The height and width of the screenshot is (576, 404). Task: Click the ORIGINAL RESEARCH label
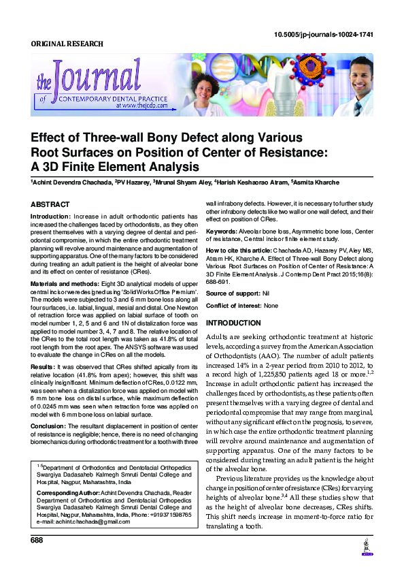click(67, 44)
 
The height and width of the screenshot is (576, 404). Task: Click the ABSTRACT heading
click(50, 204)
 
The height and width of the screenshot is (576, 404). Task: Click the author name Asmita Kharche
click(314, 183)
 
